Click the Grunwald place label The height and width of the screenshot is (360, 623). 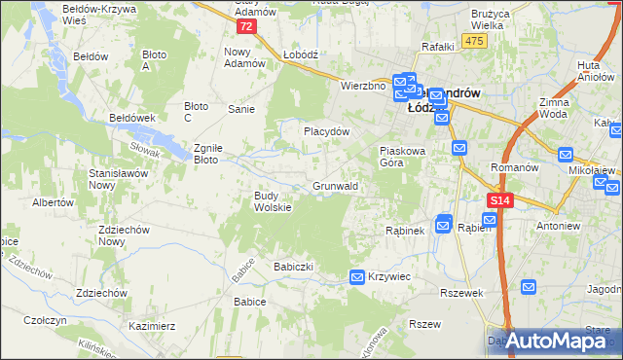click(x=336, y=185)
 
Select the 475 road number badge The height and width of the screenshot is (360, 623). click(x=474, y=40)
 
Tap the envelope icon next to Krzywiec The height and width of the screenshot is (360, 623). click(x=357, y=277)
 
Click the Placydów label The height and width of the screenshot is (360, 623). click(x=326, y=131)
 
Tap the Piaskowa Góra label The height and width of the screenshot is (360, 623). click(x=402, y=157)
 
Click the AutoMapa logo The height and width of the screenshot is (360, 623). click(x=556, y=340)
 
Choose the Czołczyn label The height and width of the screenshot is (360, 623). click(x=45, y=320)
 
